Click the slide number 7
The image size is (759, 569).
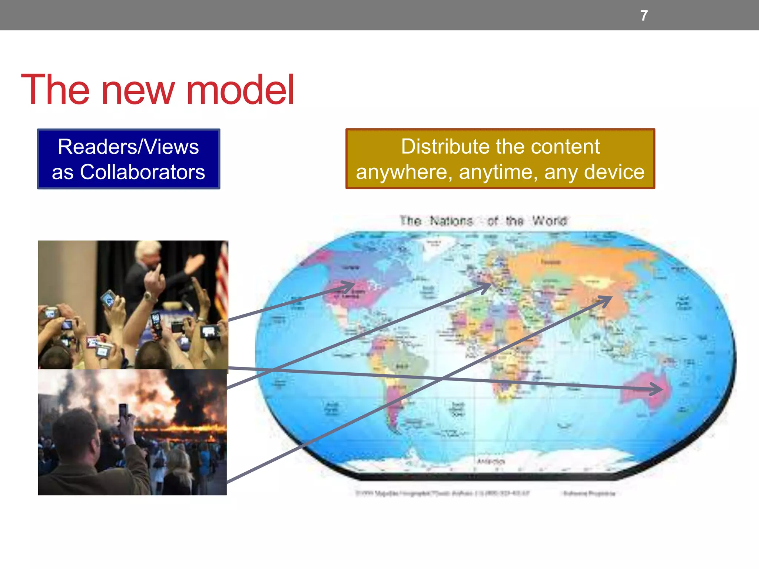click(x=644, y=16)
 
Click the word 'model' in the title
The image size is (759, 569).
click(x=240, y=90)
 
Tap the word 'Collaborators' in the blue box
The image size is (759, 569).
click(x=142, y=172)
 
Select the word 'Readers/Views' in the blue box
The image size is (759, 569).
click(x=128, y=147)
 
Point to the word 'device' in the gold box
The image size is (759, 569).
click(x=614, y=172)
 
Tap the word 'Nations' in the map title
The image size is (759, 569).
click(x=451, y=221)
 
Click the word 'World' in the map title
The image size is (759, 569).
click(x=550, y=221)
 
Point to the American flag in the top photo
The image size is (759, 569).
click(x=222, y=282)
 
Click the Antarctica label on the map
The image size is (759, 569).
click(x=491, y=461)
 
